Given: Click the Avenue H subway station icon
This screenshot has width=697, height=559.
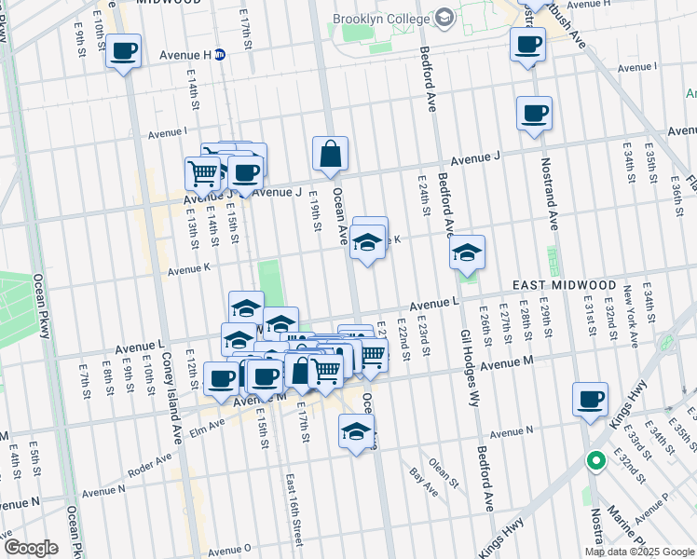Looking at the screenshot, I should point(220,54).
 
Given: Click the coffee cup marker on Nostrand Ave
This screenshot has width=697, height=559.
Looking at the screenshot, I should point(534,115).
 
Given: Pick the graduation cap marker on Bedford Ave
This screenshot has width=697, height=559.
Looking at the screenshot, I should point(467,253).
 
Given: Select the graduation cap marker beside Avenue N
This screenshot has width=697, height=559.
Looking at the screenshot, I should point(356,431).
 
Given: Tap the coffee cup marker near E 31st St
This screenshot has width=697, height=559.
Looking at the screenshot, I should point(590,400).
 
